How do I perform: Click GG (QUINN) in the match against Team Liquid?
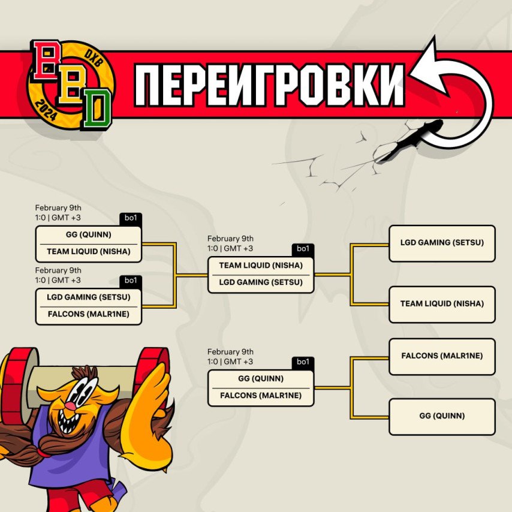coord(89,235)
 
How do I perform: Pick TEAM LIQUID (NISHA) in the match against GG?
coord(89,252)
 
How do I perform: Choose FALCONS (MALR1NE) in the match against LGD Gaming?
coord(89,314)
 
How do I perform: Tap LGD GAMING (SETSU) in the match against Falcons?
coord(89,297)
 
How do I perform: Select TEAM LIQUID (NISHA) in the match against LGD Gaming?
coord(261,266)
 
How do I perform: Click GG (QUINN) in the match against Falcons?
coord(261,379)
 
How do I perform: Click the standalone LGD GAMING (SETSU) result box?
coord(442,243)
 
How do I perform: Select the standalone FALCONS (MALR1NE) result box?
coord(442,356)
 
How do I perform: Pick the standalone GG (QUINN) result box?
coord(442,416)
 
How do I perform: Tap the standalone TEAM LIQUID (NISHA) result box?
coord(442,304)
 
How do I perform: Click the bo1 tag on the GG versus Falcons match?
coord(303,362)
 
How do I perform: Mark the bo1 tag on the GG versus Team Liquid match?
coord(131,218)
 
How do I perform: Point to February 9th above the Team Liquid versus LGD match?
coord(230,239)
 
